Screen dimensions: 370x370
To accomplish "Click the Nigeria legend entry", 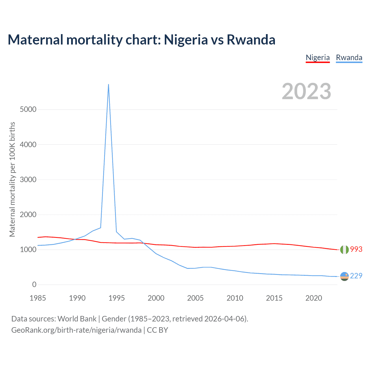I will (x=318, y=58).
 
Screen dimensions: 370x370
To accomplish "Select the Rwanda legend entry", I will (x=349, y=58).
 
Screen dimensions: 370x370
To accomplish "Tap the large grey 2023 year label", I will (x=306, y=91).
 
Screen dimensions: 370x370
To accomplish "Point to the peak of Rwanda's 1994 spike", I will (x=108, y=84).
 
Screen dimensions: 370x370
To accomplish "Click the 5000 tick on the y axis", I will (x=28, y=109).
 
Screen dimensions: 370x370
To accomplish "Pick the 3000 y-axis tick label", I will (x=28, y=180).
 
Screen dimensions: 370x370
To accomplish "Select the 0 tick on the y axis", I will (x=34, y=284).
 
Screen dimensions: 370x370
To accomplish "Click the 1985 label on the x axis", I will (x=38, y=298).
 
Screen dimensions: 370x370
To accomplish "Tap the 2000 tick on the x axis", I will (x=156, y=298).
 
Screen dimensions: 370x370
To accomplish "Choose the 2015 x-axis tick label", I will (x=274, y=298).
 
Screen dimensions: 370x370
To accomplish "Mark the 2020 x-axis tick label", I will (x=314, y=298).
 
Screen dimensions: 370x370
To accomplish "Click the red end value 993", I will (x=356, y=249).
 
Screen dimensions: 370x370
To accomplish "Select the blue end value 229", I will (x=356, y=276).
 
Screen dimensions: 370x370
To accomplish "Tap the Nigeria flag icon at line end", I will (x=344, y=249).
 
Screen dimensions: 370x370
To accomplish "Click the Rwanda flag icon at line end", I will (x=344, y=276).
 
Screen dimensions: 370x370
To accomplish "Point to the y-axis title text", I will (x=12, y=179).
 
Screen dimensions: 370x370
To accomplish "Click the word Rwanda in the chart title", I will (x=251, y=40).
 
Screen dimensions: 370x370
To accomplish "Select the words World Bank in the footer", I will (x=77, y=319).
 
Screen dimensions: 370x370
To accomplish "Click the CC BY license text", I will (x=158, y=330).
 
